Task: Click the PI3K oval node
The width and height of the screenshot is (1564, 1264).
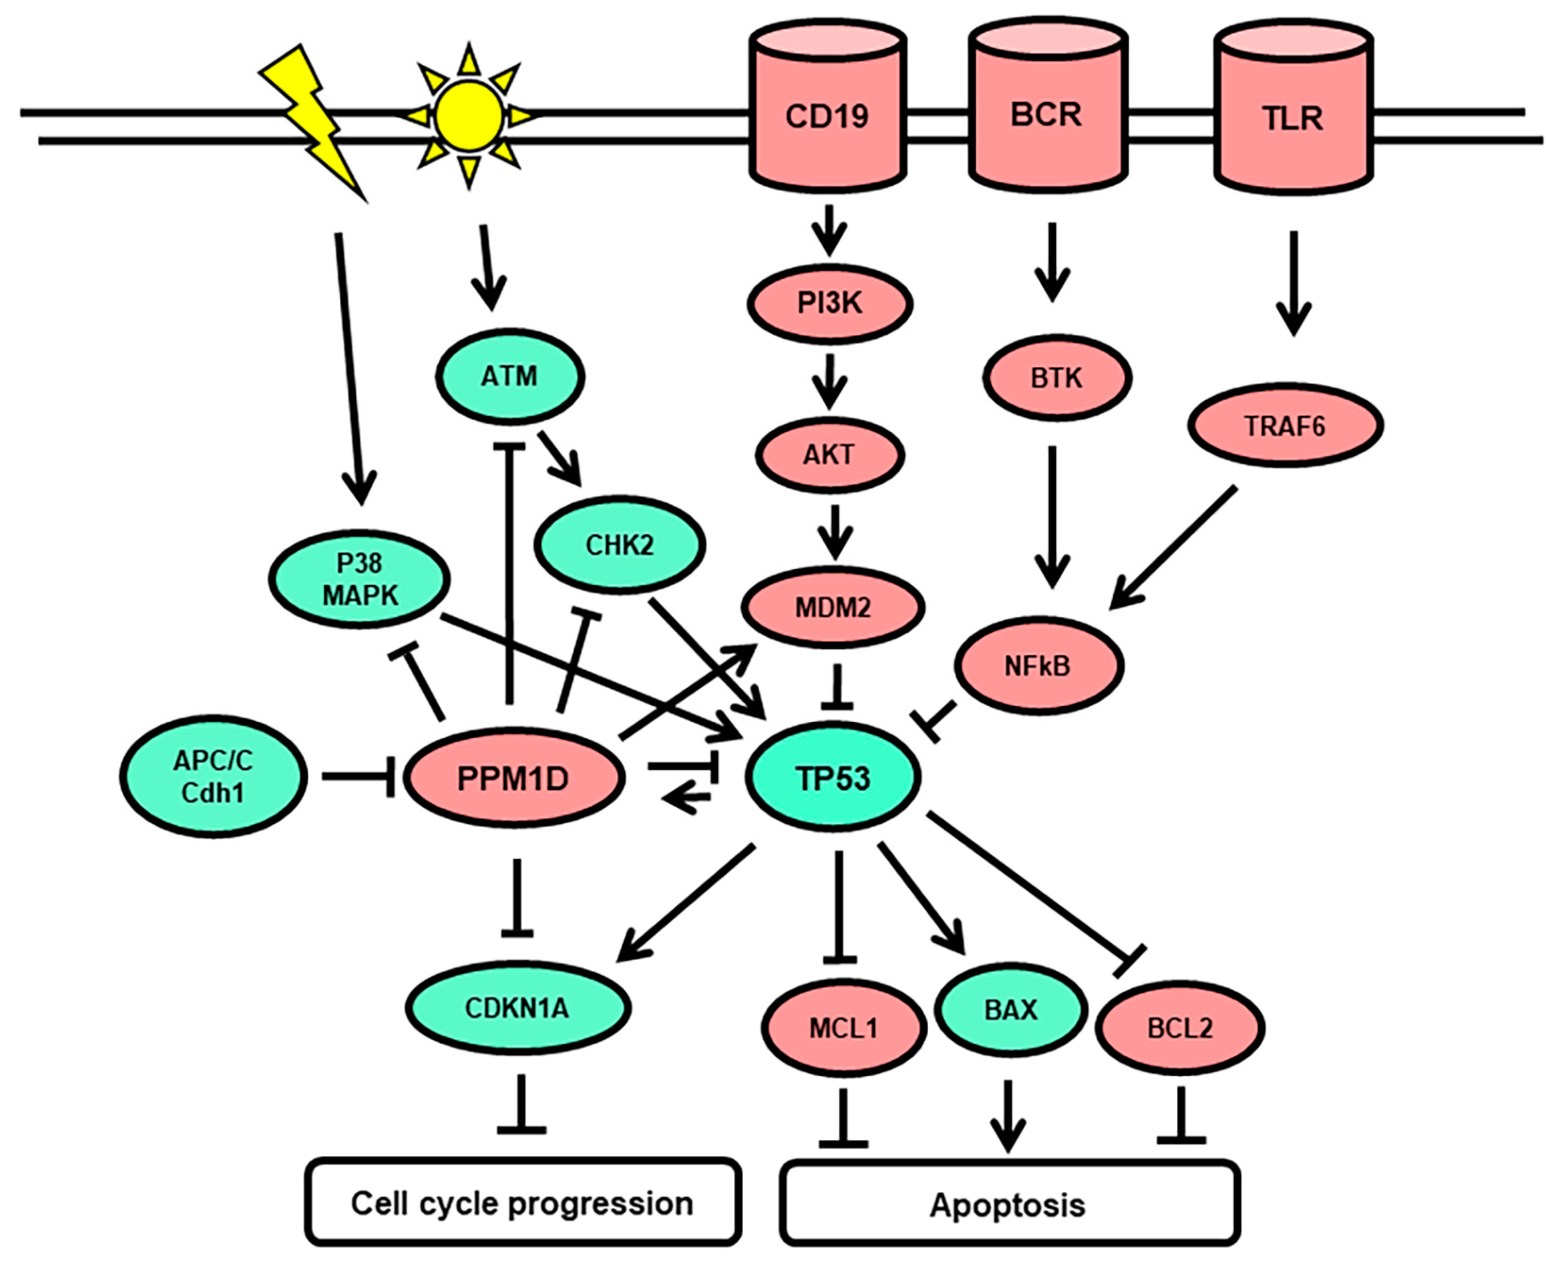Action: (830, 304)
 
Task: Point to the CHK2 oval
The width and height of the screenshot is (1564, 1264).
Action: (619, 545)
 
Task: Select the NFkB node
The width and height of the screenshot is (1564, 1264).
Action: (1039, 665)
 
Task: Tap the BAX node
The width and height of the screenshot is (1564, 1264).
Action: (1011, 1010)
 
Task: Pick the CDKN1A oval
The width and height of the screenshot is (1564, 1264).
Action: (517, 1008)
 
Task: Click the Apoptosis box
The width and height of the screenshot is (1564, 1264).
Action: (1009, 1205)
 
